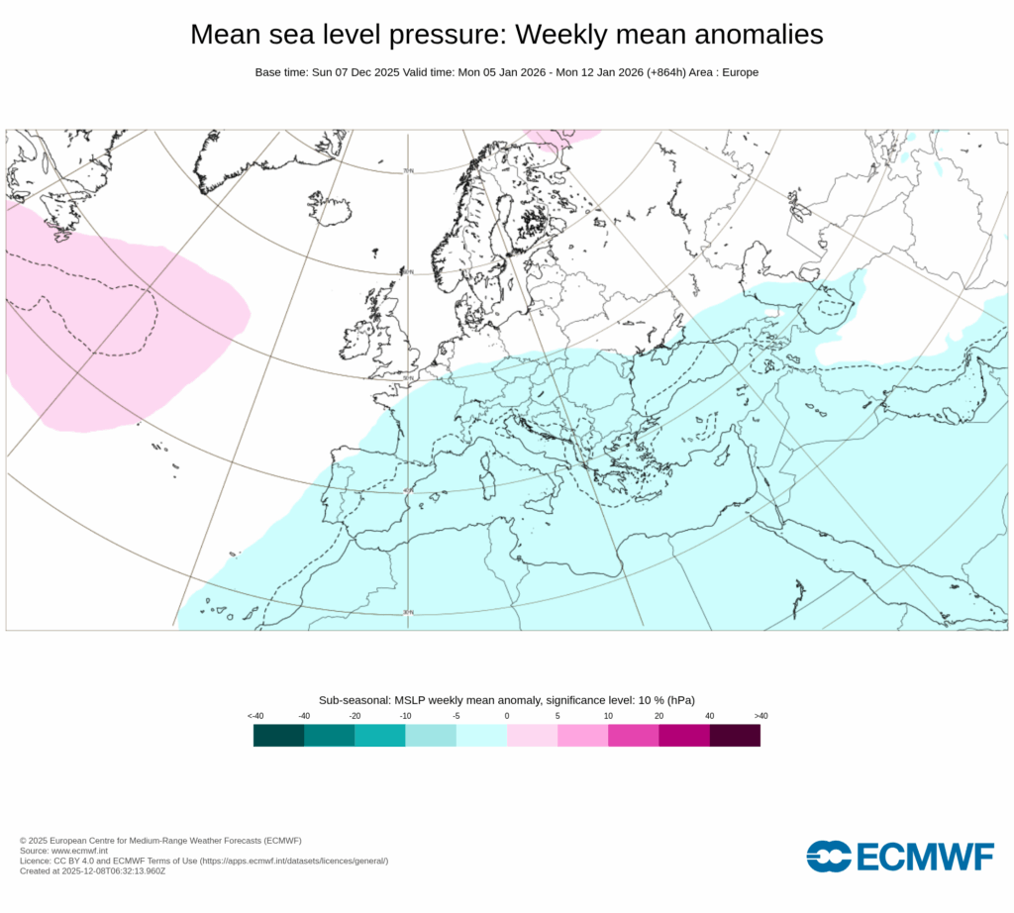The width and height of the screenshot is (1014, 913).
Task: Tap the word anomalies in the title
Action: click(x=751, y=35)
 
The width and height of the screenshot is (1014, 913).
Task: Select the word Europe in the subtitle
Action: click(x=739, y=72)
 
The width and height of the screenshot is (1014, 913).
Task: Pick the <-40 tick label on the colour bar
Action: click(x=254, y=715)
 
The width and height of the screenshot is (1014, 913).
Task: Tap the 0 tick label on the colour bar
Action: click(x=506, y=715)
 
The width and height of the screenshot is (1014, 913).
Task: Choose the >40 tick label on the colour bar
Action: click(x=760, y=715)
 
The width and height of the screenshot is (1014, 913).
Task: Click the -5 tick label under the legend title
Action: click(x=456, y=715)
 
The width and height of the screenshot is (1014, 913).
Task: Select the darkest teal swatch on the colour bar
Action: click(x=278, y=735)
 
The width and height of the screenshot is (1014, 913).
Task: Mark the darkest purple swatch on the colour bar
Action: click(x=735, y=735)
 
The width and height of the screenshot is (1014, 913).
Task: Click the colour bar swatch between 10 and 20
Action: click(x=633, y=735)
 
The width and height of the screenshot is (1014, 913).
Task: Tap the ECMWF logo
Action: click(x=899, y=857)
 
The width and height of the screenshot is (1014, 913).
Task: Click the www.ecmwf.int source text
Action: click(x=78, y=851)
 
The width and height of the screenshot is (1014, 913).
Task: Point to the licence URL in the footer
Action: click(x=294, y=861)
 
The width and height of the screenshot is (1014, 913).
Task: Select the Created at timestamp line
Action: click(x=93, y=871)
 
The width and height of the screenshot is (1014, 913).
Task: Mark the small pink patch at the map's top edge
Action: click(x=560, y=135)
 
